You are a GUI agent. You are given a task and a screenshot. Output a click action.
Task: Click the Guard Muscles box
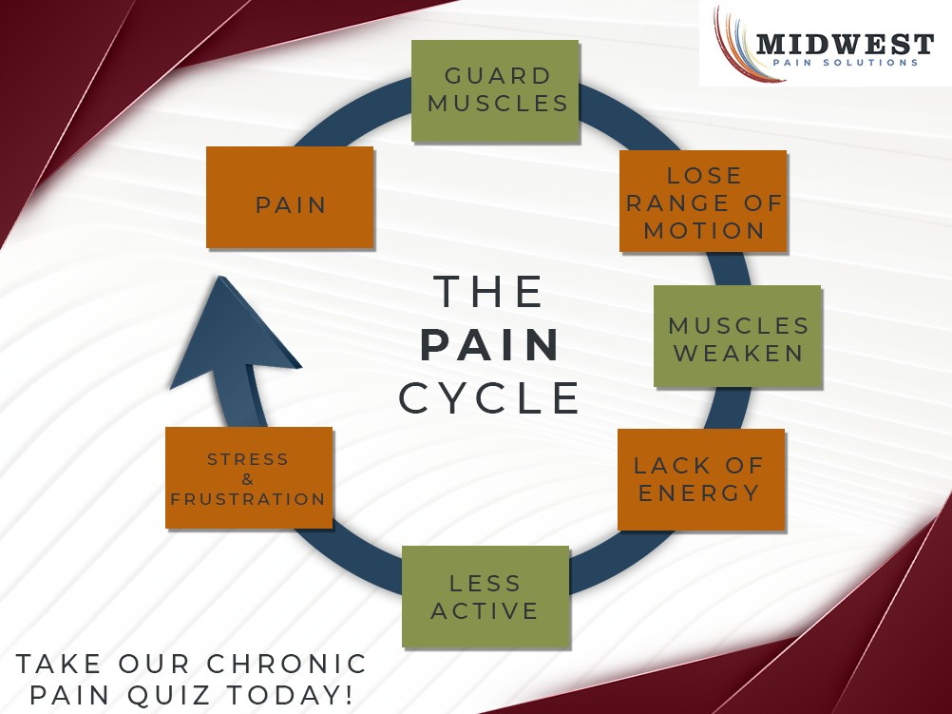click(495, 90)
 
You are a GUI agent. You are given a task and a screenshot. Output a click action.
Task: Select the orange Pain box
click(290, 197)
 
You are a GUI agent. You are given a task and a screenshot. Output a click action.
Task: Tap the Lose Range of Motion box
click(703, 201)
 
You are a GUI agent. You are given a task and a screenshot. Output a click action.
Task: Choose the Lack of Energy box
click(701, 479)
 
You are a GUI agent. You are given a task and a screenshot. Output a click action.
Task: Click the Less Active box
click(486, 596)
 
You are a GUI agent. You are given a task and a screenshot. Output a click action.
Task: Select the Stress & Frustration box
click(249, 477)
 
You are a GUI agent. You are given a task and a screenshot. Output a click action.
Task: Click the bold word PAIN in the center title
click(490, 347)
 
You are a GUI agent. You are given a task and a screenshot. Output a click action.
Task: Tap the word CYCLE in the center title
click(490, 398)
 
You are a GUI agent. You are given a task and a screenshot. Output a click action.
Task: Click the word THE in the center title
click(490, 292)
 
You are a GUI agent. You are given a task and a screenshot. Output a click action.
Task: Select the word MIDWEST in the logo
click(845, 44)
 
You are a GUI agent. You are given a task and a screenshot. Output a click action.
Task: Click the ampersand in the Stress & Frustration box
click(248, 479)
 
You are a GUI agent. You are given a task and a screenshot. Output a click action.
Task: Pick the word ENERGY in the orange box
click(699, 493)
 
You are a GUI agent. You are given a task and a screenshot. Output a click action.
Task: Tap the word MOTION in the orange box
click(704, 230)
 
